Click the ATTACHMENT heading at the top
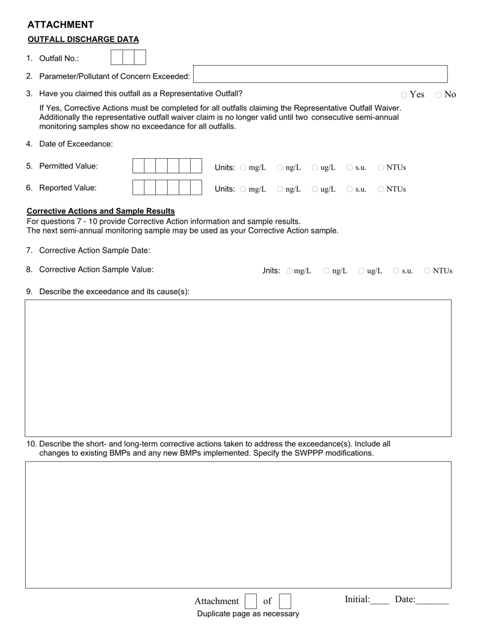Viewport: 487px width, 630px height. pos(60,25)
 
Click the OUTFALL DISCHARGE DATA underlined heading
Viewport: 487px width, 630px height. pos(83,39)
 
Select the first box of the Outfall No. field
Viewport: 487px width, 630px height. pos(116,57)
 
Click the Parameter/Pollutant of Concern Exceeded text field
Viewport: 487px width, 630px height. pos(320,74)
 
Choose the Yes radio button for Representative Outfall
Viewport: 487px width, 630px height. pos(404,95)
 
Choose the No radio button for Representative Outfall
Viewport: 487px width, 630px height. pos(439,95)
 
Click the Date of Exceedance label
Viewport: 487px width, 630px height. pos(76,144)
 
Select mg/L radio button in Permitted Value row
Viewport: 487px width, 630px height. pos(243,167)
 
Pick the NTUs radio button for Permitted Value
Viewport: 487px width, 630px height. pos(381,167)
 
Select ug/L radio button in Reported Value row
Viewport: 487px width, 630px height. pos(315,189)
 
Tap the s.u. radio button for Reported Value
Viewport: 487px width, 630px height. pos(350,189)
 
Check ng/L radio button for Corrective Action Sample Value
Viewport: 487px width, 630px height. pos(327,271)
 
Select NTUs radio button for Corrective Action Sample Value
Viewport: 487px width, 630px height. pos(427,271)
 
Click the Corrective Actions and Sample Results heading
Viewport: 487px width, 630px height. pos(100,211)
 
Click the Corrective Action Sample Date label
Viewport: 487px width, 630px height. pos(94,250)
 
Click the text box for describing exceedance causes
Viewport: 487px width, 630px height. pos(238,368)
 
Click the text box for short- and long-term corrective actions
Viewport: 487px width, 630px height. pos(238,524)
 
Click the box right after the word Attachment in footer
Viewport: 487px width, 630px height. pos(251,601)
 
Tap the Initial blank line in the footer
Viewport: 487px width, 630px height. pos(380,600)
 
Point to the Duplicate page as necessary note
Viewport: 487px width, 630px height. pos(248,614)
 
